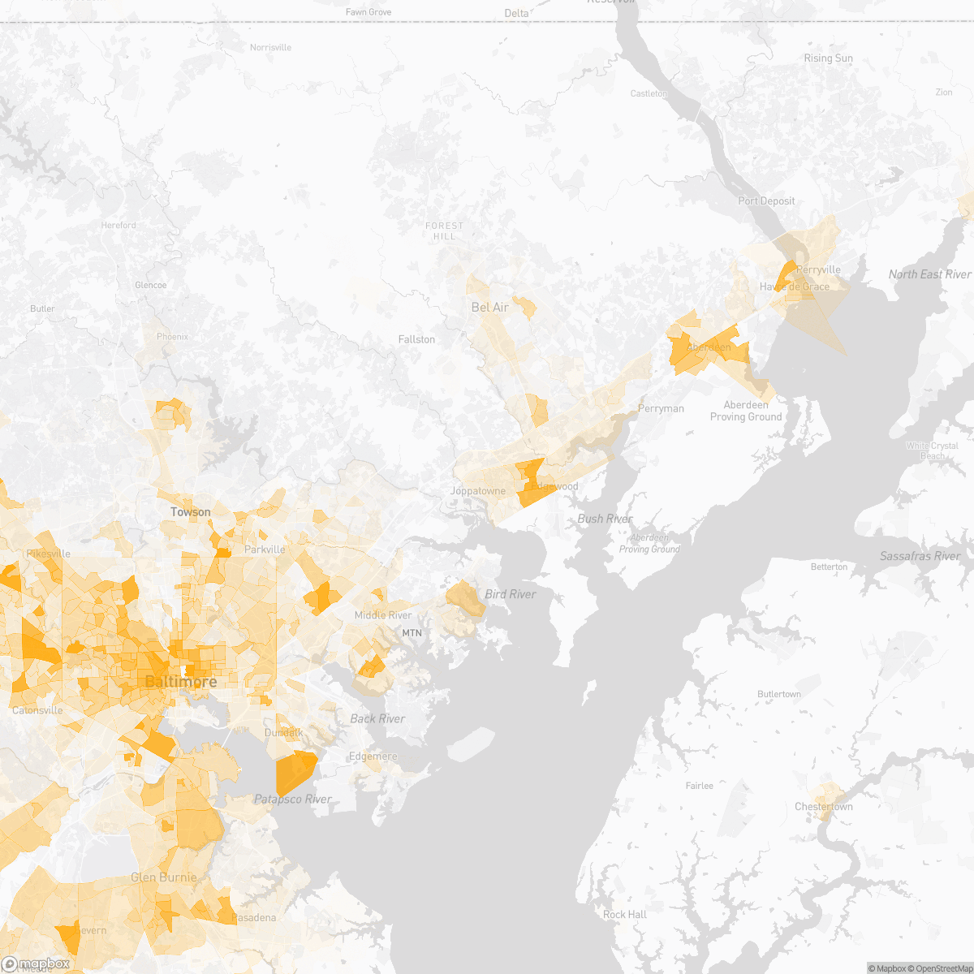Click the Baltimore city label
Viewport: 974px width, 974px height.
tap(180, 682)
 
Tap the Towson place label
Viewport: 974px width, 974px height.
tap(190, 512)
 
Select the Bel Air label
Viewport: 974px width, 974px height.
tap(490, 308)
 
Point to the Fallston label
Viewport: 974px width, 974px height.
tap(416, 339)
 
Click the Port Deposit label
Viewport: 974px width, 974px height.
tap(766, 201)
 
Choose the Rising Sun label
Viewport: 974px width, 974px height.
tap(828, 58)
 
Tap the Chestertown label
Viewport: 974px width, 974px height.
tap(823, 807)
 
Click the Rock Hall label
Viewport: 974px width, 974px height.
tap(625, 915)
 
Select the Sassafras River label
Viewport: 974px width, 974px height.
tap(920, 556)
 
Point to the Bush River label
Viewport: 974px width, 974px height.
tap(605, 519)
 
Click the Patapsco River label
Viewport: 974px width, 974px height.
tap(292, 799)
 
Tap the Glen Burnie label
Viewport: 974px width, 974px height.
tap(163, 877)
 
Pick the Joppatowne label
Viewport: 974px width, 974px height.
tap(478, 491)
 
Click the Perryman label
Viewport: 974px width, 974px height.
tap(661, 408)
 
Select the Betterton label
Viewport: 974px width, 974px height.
tap(829, 567)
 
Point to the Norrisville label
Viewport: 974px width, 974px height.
tap(270, 48)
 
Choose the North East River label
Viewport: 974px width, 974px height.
tap(929, 274)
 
